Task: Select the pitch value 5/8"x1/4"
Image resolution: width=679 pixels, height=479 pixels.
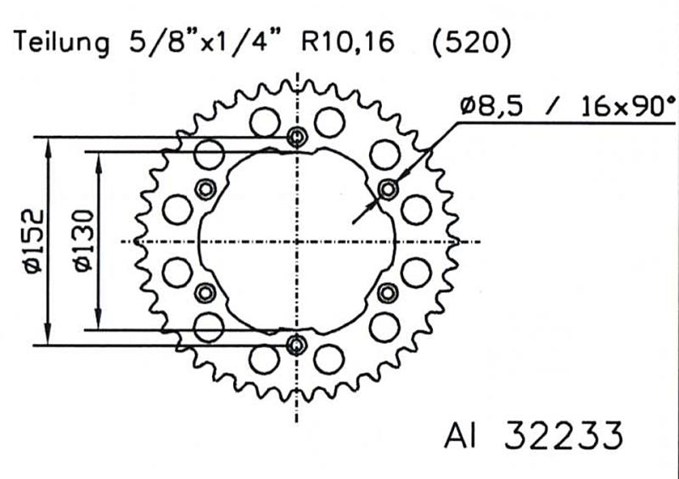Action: pyautogui.click(x=209, y=42)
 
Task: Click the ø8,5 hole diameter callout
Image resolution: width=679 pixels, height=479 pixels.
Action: pyautogui.click(x=497, y=107)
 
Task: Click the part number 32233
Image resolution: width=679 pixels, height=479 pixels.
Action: pyautogui.click(x=563, y=435)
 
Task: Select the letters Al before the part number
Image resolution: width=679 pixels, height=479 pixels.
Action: pyautogui.click(x=460, y=435)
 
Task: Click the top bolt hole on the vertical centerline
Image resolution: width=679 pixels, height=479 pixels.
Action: pyautogui.click(x=296, y=138)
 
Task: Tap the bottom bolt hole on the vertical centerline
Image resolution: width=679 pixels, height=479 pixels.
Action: pyautogui.click(x=296, y=345)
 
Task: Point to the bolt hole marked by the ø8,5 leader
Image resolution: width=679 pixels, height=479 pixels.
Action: pyautogui.click(x=388, y=189)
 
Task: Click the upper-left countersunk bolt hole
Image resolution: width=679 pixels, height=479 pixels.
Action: pyautogui.click(x=205, y=189)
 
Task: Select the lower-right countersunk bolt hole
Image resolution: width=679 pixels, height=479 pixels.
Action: pyautogui.click(x=388, y=294)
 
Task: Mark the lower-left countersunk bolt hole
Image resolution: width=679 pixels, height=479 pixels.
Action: pyautogui.click(x=205, y=294)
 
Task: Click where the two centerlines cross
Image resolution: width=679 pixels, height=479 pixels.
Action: pyautogui.click(x=296, y=241)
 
